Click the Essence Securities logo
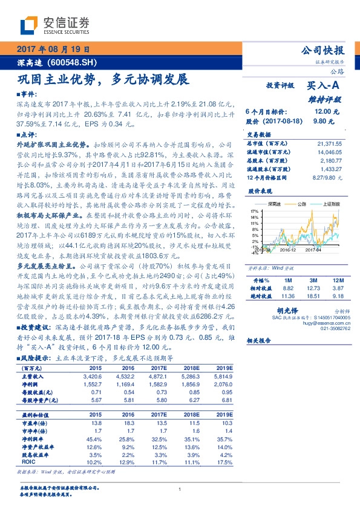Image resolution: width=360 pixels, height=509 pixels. tap(55, 26)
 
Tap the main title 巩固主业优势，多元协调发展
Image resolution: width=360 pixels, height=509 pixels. tap(103, 79)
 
